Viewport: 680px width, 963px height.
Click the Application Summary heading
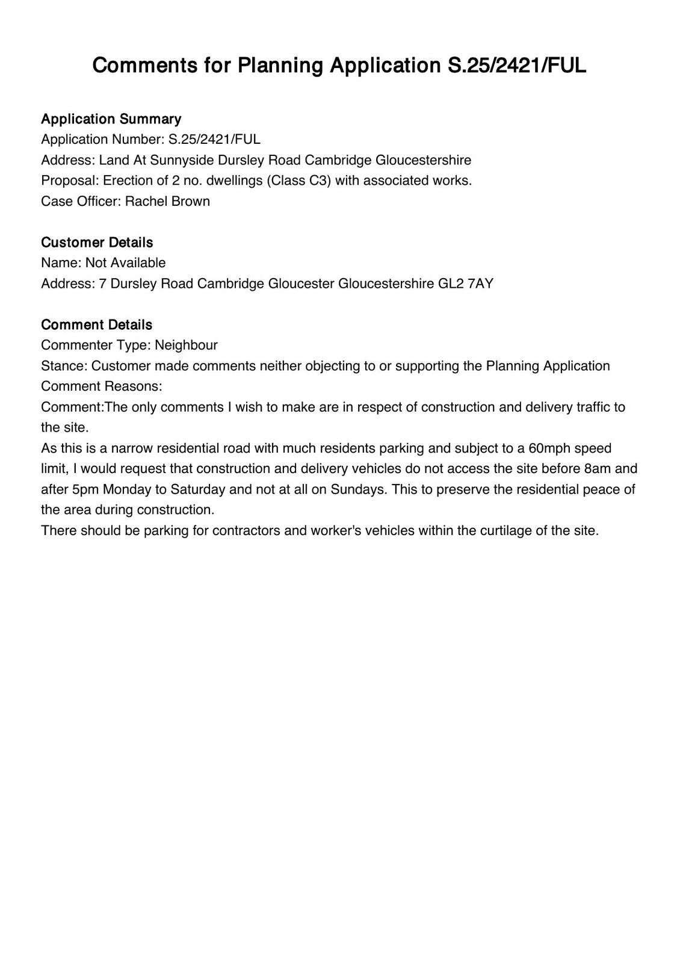[x=111, y=119]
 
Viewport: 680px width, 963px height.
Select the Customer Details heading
[x=97, y=243]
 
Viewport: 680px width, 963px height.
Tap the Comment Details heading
[x=96, y=325]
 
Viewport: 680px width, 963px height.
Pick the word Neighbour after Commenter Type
[x=186, y=345]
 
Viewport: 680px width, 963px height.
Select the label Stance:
[x=64, y=366]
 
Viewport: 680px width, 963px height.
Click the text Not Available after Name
[x=125, y=263]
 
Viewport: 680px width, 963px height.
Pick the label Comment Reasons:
[x=102, y=386]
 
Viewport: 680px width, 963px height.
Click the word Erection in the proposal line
[x=127, y=181]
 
